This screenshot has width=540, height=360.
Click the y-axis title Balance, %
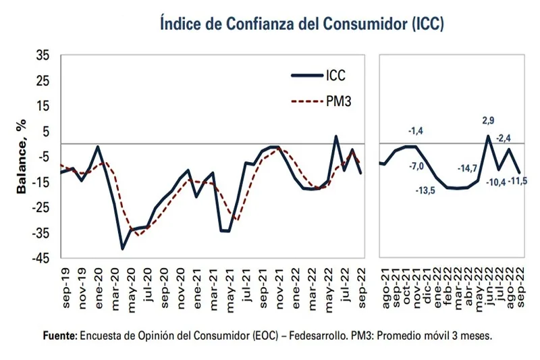[x=22, y=156]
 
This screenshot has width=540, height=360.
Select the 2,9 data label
[x=487, y=122]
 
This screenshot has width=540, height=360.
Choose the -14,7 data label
[x=468, y=168]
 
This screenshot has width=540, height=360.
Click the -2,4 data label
[x=505, y=138]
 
